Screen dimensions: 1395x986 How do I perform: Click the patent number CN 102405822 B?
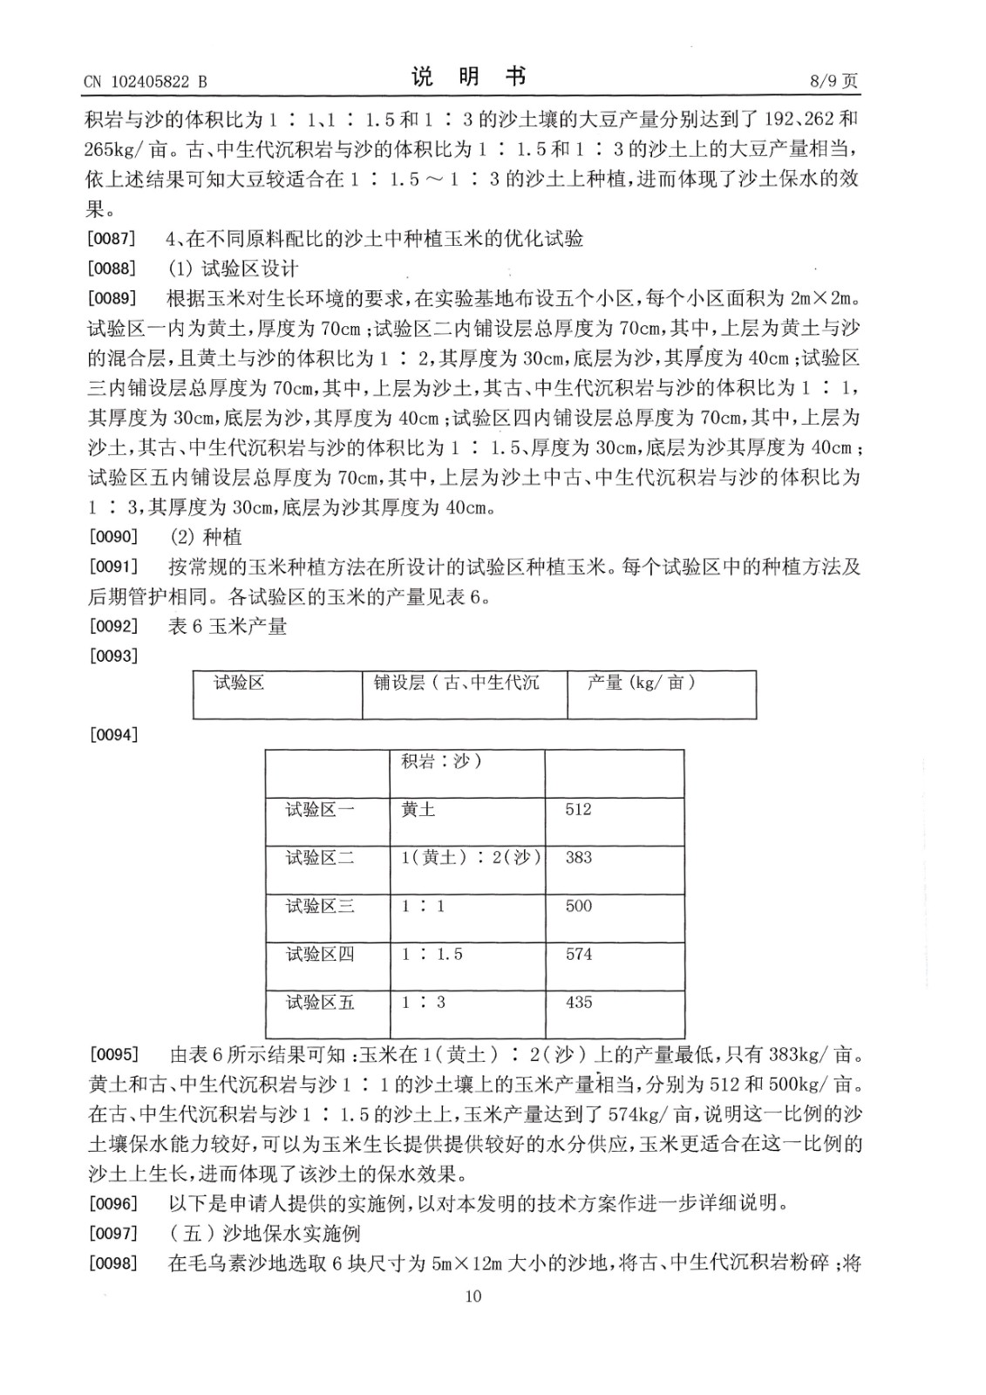(x=146, y=82)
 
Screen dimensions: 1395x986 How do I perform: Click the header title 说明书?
(x=469, y=78)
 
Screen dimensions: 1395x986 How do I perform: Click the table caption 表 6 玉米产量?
(x=228, y=626)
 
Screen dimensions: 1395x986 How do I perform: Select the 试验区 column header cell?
(x=240, y=683)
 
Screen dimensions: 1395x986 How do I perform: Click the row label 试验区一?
(x=320, y=810)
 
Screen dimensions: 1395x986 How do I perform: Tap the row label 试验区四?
(x=320, y=955)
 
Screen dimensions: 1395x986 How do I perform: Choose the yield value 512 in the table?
(x=579, y=810)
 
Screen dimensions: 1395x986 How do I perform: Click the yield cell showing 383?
(x=579, y=858)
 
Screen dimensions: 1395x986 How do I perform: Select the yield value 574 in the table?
(x=579, y=955)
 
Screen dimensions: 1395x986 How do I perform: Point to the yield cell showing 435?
(x=579, y=1003)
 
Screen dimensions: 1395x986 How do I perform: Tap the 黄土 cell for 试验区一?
(x=418, y=810)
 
